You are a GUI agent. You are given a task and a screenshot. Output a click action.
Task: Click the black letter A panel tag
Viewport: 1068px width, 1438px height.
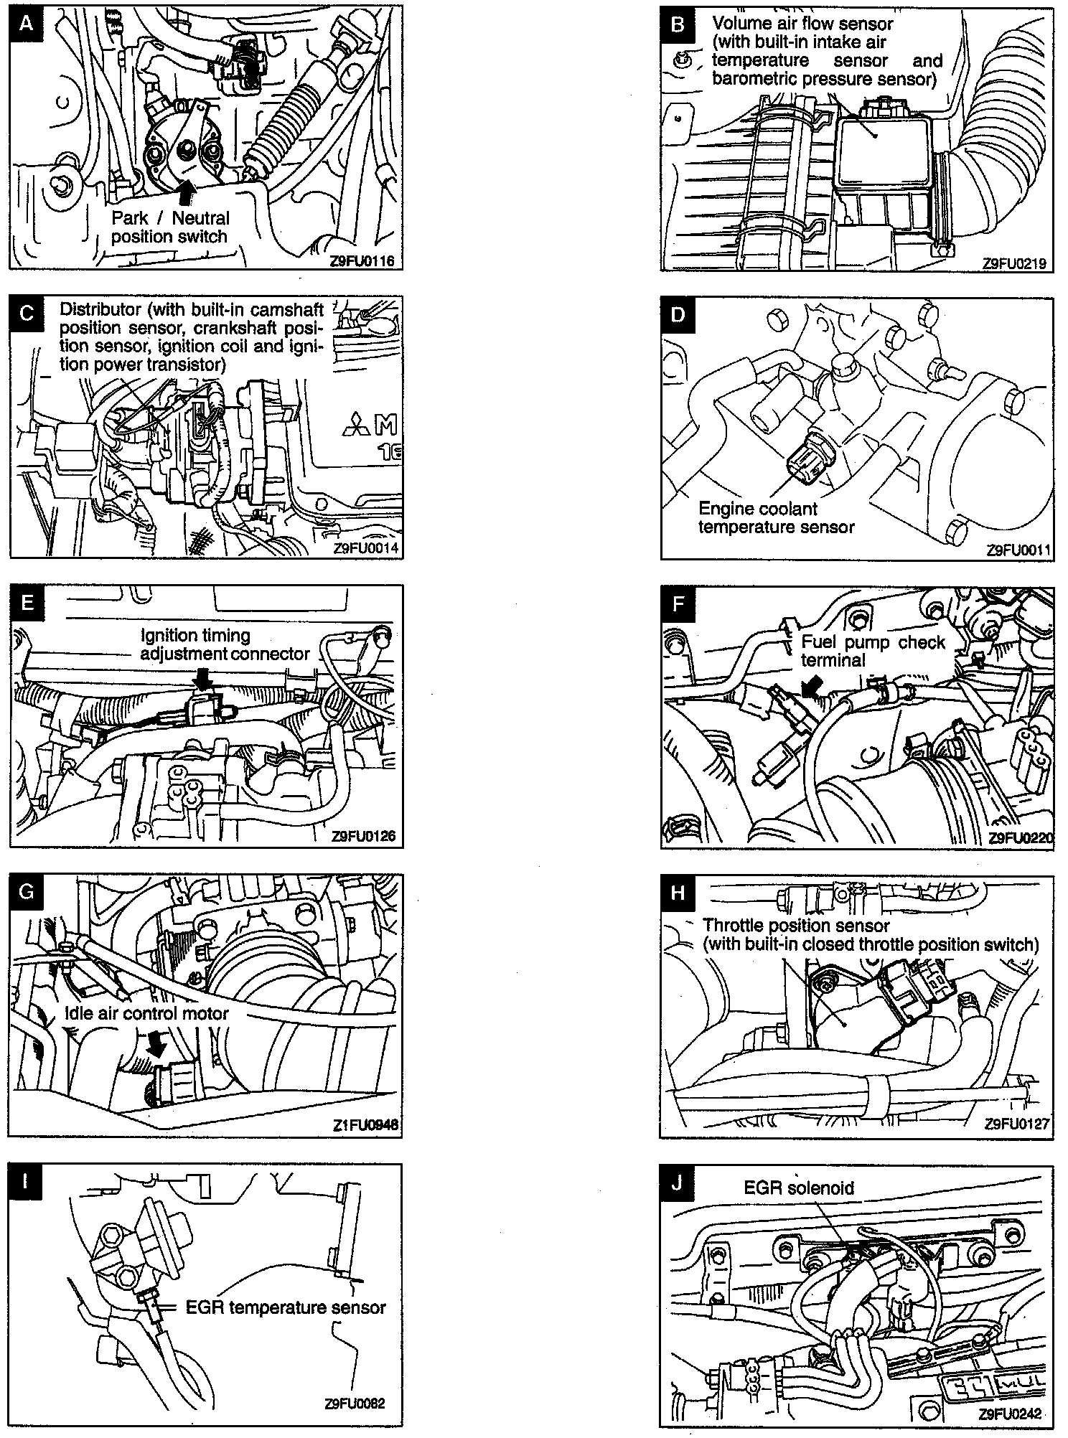point(26,23)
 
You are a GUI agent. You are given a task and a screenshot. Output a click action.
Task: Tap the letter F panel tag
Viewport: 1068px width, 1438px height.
point(678,604)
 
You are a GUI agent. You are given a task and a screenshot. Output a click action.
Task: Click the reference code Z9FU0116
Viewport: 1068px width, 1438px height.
point(362,261)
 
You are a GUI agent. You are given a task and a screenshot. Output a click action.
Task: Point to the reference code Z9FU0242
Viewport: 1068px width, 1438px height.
point(1010,1414)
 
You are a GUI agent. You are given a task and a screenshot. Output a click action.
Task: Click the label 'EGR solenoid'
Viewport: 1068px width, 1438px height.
point(798,1188)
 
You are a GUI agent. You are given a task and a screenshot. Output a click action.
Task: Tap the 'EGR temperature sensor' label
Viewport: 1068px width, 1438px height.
point(286,1307)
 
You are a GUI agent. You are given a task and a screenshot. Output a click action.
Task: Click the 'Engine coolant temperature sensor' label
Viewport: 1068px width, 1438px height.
point(776,518)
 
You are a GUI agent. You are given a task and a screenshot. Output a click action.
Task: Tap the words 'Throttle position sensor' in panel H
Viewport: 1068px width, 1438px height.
point(795,926)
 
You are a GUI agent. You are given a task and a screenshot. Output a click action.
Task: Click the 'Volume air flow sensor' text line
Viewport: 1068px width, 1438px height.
point(802,24)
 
